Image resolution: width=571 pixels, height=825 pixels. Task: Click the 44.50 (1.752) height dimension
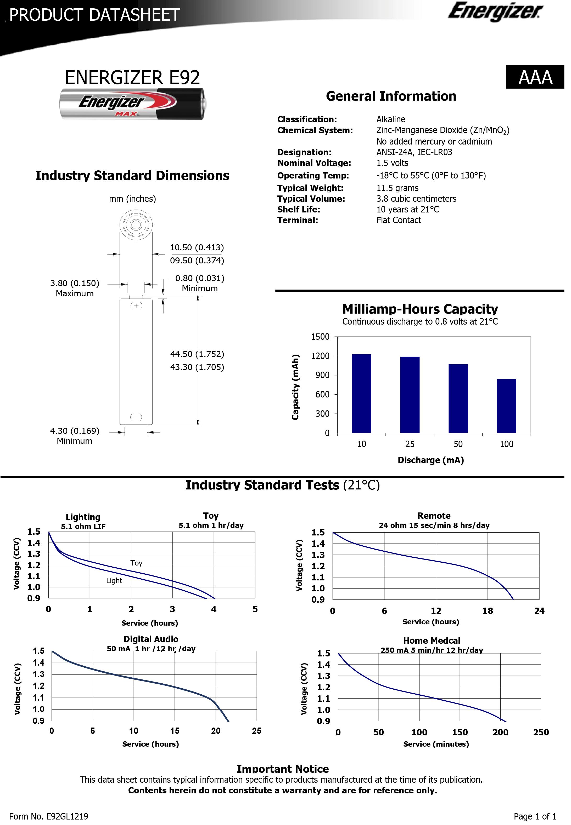click(197, 354)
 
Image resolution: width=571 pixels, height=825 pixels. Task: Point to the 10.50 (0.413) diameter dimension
click(197, 248)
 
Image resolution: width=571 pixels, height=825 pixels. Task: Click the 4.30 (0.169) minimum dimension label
click(74, 431)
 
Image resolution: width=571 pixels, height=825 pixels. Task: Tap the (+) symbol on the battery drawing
click(136, 305)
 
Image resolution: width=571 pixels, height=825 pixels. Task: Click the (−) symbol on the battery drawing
click(136, 417)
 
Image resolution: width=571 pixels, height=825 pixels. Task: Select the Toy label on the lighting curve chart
click(137, 563)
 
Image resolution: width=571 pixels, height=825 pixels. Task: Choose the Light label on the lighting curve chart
click(114, 581)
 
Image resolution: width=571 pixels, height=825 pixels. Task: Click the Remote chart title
click(434, 516)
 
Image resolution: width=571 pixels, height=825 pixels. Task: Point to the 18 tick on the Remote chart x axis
click(487, 611)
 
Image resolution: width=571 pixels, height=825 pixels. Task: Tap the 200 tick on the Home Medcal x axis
click(500, 732)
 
